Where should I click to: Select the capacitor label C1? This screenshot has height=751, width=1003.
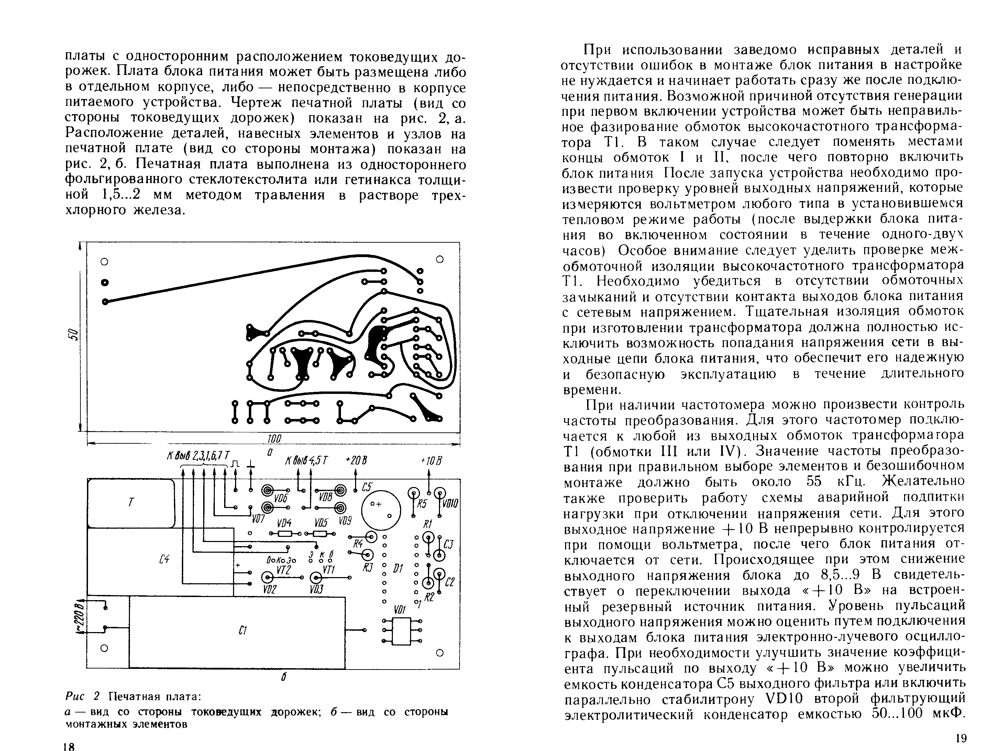242,630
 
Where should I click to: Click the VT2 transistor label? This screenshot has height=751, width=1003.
283,570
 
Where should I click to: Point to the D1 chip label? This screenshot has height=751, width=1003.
399,568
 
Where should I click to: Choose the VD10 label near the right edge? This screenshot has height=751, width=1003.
450,504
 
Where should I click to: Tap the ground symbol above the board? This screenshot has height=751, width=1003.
250,464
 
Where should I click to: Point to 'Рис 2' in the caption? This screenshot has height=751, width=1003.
82,696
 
